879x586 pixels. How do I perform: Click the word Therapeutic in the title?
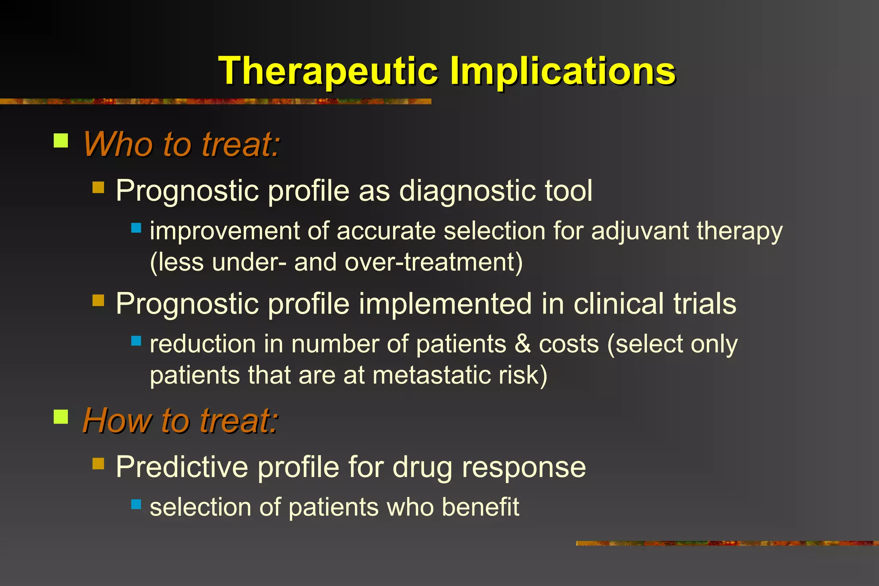tap(328, 71)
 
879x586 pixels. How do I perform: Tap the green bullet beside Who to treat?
tap(61, 141)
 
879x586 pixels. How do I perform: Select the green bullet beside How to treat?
tap(61, 417)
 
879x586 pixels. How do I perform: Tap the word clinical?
tap(618, 304)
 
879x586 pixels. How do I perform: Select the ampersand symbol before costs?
tap(522, 344)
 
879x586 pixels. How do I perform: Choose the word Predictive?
tap(182, 467)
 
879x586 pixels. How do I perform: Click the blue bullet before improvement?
tap(136, 228)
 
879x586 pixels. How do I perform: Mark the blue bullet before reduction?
tap(136, 341)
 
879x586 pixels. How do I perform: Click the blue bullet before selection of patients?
tap(136, 504)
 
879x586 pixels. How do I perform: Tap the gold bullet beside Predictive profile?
tap(98, 464)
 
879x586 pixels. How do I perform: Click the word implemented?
tap(446, 304)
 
